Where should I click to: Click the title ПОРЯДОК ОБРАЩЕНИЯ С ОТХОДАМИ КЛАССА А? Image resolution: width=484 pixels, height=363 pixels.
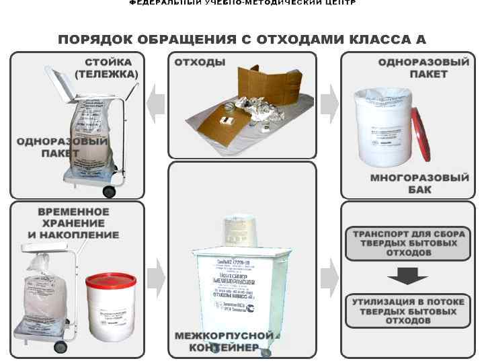pyautogui.click(x=242, y=40)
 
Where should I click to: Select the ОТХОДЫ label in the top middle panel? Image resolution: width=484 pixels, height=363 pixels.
pyautogui.click(x=200, y=63)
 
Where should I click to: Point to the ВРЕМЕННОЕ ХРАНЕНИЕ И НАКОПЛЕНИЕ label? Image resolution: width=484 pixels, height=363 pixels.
pyautogui.click(x=73, y=223)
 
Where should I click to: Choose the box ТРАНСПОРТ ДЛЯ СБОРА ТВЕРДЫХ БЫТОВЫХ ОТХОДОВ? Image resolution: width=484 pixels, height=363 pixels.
pyautogui.click(x=408, y=243)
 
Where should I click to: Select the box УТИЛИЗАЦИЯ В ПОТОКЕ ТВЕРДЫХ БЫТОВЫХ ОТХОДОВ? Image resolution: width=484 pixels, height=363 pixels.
pyautogui.click(x=408, y=311)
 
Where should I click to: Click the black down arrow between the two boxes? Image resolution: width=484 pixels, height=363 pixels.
pyautogui.click(x=408, y=276)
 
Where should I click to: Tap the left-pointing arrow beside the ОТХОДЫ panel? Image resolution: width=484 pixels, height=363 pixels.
pyautogui.click(x=156, y=104)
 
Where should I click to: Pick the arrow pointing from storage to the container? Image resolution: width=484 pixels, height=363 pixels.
pyautogui.click(x=156, y=275)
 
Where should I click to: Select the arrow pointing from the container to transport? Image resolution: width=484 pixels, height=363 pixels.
pyautogui.click(x=329, y=276)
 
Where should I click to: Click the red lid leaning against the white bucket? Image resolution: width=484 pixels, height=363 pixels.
pyautogui.click(x=424, y=135)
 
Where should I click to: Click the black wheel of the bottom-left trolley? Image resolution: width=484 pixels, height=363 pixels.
pyautogui.click(x=61, y=348)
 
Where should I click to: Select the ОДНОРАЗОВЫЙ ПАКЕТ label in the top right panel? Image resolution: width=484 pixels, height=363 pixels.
pyautogui.click(x=424, y=68)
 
